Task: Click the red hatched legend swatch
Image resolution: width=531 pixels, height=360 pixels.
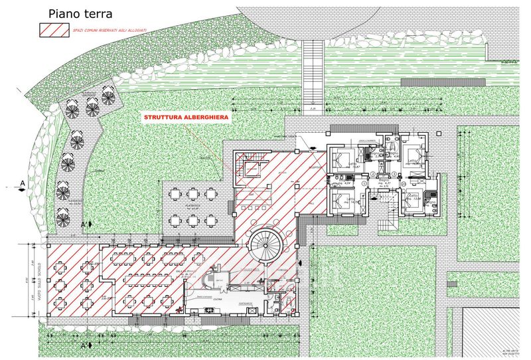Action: [x=54, y=29]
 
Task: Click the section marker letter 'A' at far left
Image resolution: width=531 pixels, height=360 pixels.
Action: [x=23, y=183]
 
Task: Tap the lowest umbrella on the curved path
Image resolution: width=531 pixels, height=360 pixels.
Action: [x=63, y=216]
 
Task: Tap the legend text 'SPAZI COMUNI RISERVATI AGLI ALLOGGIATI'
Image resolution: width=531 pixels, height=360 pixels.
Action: [x=112, y=30]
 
